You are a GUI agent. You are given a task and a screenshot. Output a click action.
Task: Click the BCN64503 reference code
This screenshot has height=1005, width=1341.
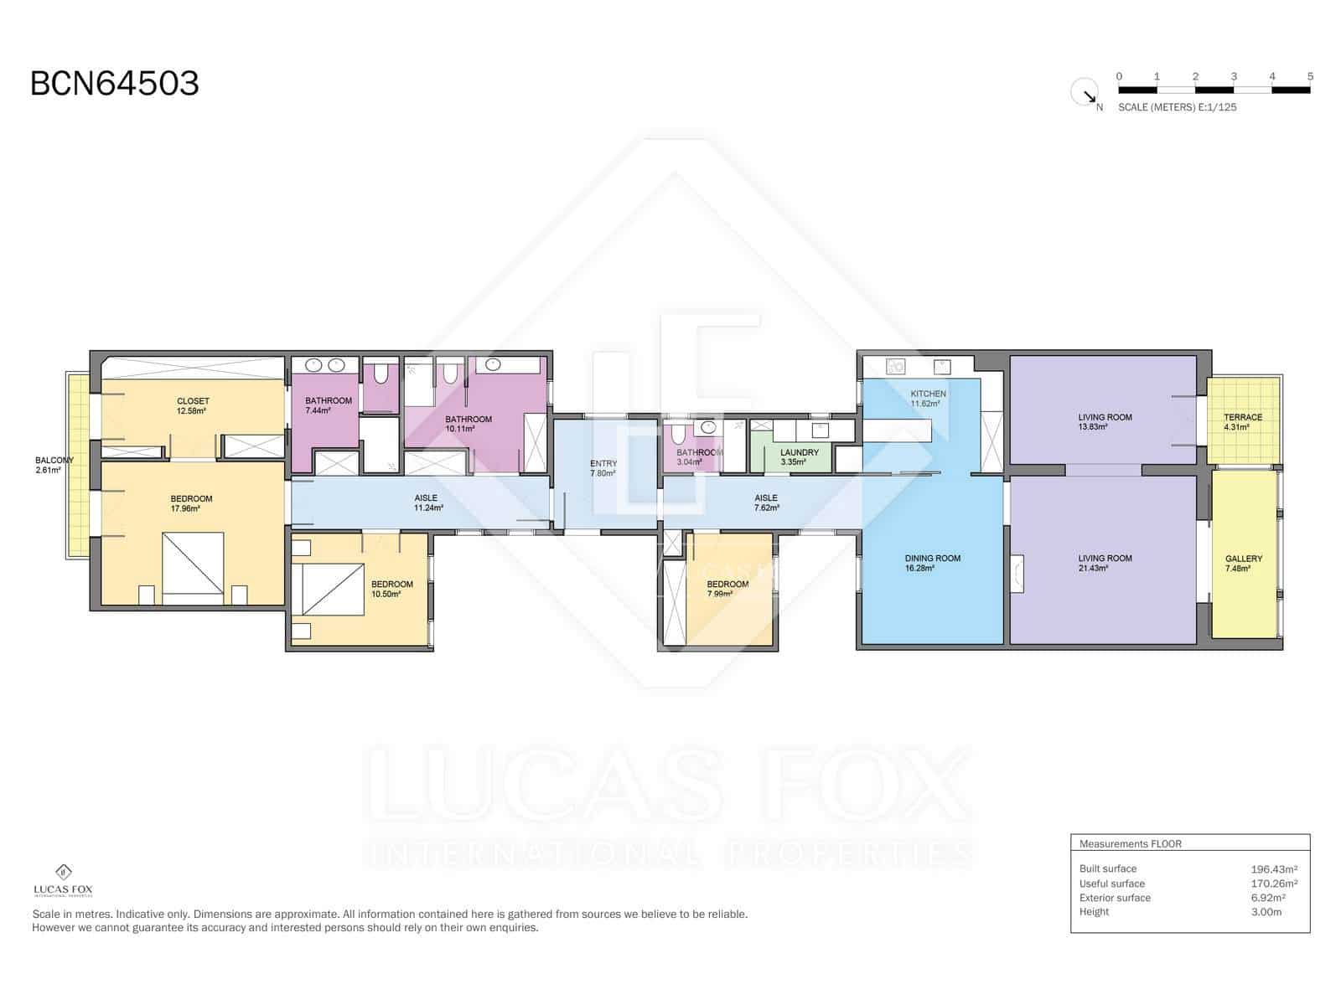[115, 84]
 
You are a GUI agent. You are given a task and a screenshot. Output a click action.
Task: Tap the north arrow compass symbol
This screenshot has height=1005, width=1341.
[1085, 92]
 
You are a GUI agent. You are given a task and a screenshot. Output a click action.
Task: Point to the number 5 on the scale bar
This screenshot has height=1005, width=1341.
[1310, 76]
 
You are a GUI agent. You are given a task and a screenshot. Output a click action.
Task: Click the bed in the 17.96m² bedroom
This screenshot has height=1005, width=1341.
[193, 567]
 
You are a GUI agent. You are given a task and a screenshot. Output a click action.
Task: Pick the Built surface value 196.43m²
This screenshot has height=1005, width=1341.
[1274, 869]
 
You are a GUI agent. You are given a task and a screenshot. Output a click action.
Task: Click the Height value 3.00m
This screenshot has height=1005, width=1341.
[1266, 912]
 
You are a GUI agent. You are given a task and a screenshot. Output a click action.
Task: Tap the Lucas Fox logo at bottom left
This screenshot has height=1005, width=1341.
[63, 880]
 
